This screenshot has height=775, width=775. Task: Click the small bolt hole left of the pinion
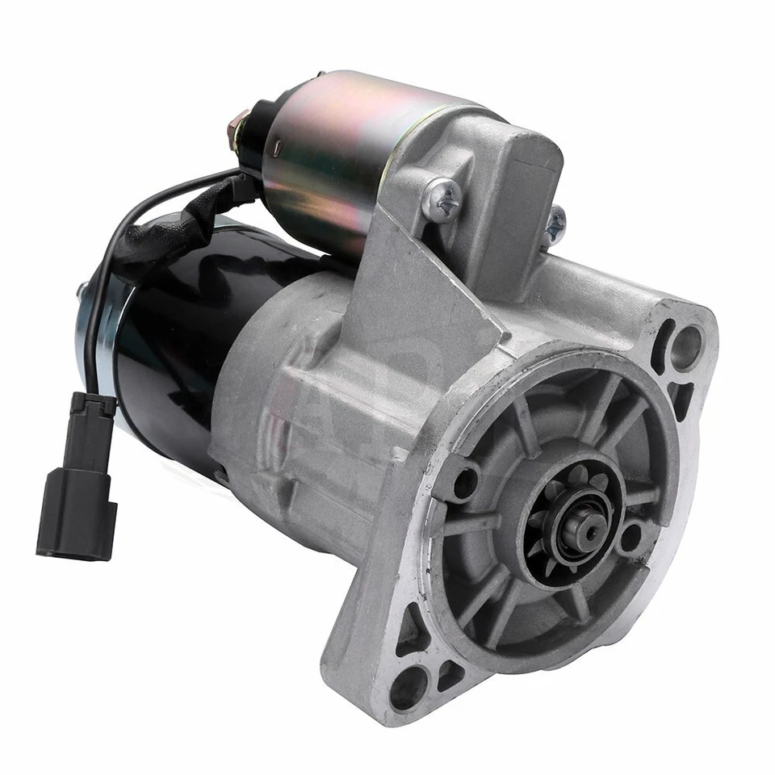[465, 482]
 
